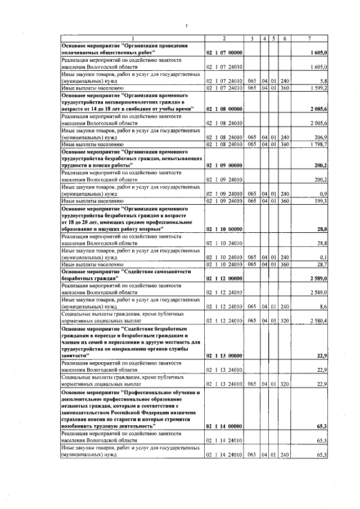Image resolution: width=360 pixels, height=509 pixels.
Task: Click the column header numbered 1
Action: [x=132, y=38]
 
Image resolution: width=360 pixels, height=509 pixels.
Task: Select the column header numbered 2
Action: [x=224, y=38]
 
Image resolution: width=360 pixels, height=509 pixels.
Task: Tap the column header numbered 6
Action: [x=285, y=38]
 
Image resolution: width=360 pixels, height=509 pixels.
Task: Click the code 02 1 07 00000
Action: [x=224, y=52]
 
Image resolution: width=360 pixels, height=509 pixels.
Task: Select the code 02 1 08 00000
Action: [x=224, y=109]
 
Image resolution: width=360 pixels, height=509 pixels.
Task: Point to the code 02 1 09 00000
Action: [x=224, y=165]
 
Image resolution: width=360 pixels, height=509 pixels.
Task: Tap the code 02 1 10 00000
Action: [x=224, y=229]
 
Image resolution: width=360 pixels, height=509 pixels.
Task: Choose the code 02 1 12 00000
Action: [x=224, y=278]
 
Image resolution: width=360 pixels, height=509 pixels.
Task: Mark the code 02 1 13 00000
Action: [x=224, y=356]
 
